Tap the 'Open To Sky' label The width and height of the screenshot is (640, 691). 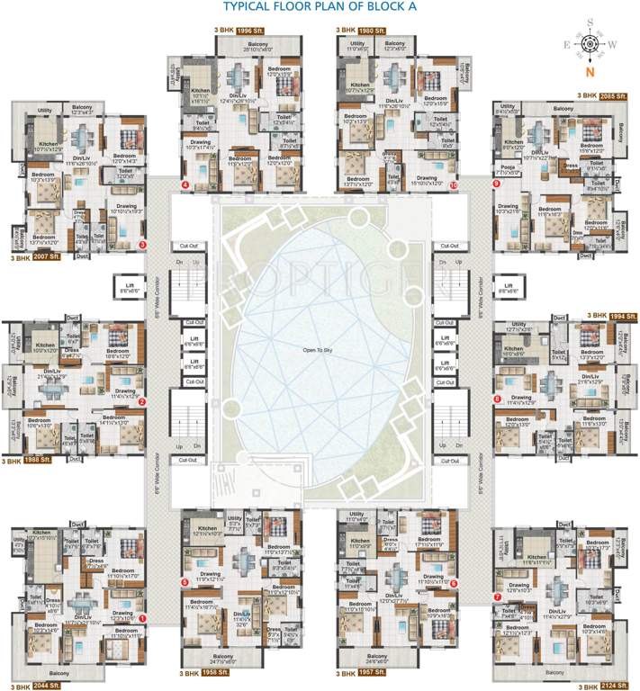click(x=318, y=347)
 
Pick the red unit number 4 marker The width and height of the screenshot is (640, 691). click(x=185, y=185)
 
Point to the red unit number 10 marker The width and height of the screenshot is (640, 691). click(x=454, y=185)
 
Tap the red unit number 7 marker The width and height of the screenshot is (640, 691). click(x=497, y=597)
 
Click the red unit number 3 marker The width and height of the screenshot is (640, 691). click(x=142, y=244)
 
